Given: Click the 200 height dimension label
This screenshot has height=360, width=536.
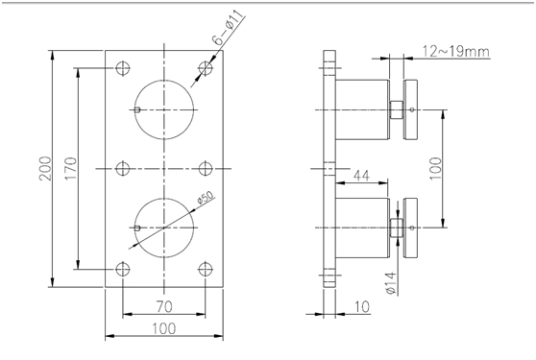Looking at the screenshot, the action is pyautogui.click(x=45, y=169).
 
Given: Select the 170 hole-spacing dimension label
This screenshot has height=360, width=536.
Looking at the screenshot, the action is pyautogui.click(x=71, y=169).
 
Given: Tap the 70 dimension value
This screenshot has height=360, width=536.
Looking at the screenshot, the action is pyautogui.click(x=164, y=306).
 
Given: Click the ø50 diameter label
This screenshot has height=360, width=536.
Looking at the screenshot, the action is pyautogui.click(x=206, y=198).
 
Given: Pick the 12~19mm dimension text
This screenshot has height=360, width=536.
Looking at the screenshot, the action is pyautogui.click(x=456, y=51).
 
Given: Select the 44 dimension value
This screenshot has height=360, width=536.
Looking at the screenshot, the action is pyautogui.click(x=361, y=176).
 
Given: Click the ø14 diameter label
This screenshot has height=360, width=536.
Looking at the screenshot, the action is pyautogui.click(x=390, y=283).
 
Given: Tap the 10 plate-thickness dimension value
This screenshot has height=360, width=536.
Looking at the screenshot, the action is pyautogui.click(x=362, y=306).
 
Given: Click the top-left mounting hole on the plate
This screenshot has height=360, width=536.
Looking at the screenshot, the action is pyautogui.click(x=123, y=68).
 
